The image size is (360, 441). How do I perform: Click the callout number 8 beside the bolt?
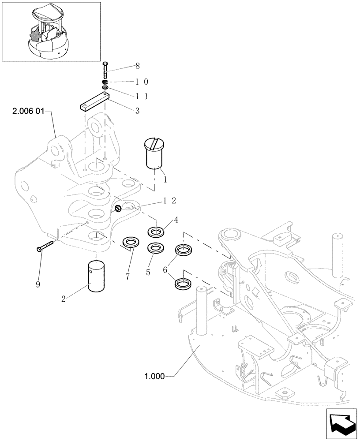point(138,66)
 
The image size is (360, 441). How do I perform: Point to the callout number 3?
point(138,111)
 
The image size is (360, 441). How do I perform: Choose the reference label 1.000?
point(154,377)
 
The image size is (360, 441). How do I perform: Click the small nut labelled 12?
point(118,208)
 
